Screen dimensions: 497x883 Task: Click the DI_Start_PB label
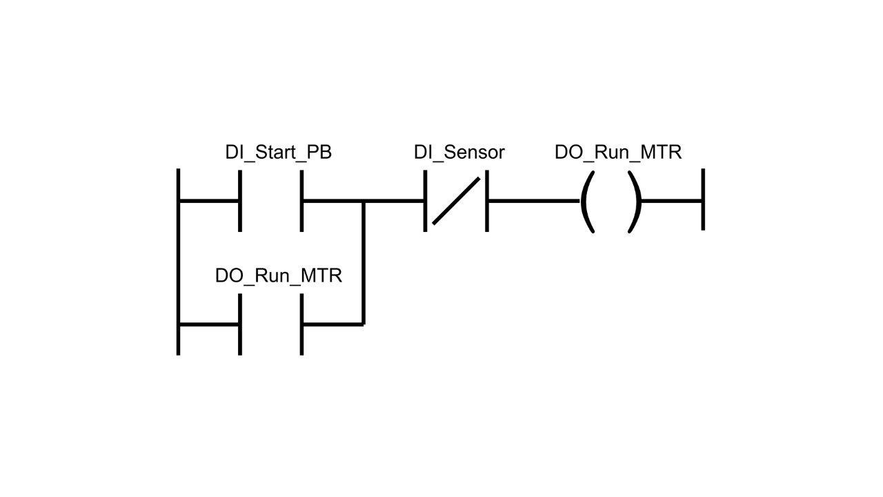[278, 153]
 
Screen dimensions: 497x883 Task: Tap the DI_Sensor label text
[459, 153]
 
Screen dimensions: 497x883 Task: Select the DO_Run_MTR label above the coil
[617, 153]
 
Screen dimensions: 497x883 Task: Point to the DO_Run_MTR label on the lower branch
[278, 276]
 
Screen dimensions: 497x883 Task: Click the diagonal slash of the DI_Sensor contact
[456, 201]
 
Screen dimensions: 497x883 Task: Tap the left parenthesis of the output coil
[587, 202]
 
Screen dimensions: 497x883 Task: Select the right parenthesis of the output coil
[635, 202]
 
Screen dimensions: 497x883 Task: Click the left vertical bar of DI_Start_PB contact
[240, 201]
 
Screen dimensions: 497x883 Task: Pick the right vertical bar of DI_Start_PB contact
[301, 201]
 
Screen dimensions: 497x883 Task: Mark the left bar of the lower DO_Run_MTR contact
[240, 324]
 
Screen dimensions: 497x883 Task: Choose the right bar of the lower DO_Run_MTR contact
[301, 324]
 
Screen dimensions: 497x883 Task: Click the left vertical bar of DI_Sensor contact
[425, 201]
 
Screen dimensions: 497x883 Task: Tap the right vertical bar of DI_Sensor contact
[487, 201]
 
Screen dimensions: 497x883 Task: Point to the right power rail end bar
[702, 199]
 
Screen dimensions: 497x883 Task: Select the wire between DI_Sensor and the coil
[533, 201]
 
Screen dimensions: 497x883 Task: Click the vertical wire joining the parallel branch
[363, 262]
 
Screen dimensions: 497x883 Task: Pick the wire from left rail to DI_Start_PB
[209, 201]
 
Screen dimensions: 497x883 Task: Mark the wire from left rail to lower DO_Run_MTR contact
[209, 324]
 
